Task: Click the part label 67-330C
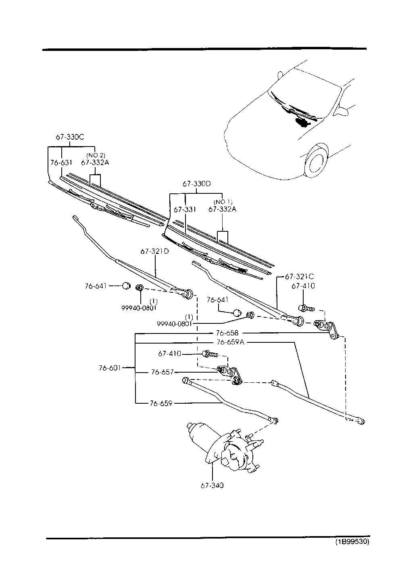pos(70,137)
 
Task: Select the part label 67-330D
pos(197,184)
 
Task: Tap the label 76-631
pos(61,162)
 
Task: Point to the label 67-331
pos(185,210)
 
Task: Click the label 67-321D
pos(154,252)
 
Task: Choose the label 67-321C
pos(300,277)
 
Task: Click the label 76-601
pos(110,368)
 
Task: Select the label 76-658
pos(227,333)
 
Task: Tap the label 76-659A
pos(230,342)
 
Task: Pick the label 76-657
pos(162,372)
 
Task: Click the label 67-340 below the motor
pos(212,485)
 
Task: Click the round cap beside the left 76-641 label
pos(126,286)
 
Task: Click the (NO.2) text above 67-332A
pos(96,155)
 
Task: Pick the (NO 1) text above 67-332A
pos(223,202)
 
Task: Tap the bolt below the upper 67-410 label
pos(306,308)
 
